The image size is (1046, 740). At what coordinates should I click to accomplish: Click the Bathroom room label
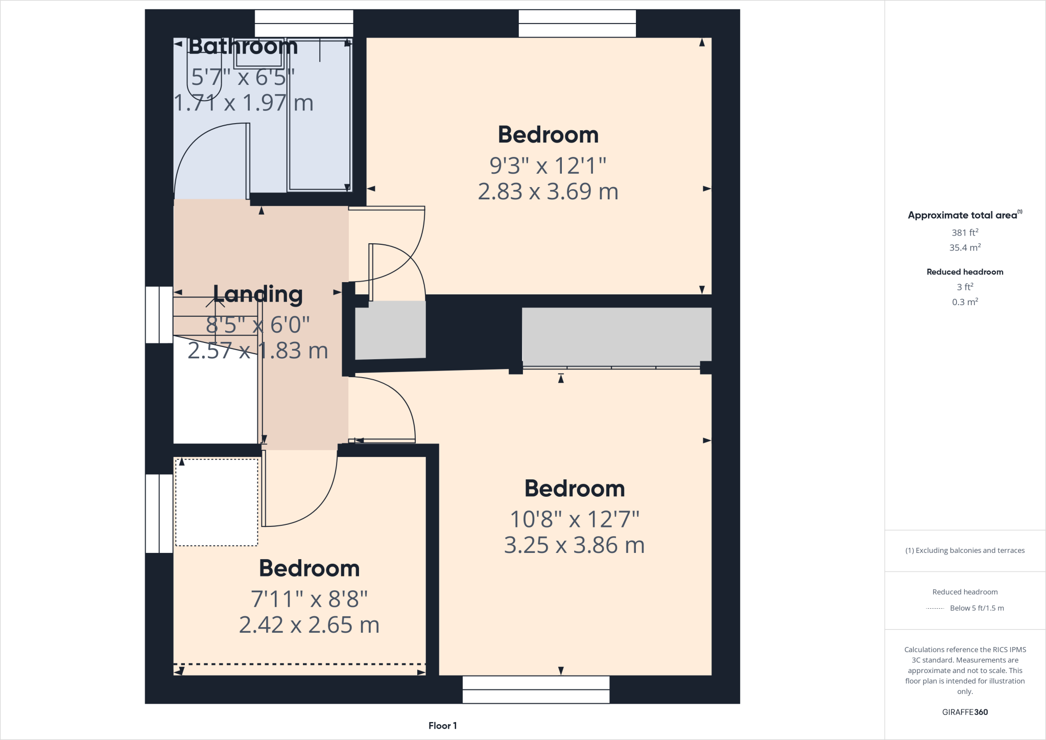(243, 47)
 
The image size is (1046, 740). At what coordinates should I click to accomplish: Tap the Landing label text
(257, 294)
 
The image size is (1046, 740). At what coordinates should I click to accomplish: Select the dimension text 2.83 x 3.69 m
(548, 192)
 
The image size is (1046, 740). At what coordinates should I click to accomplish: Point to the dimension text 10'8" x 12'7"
(575, 519)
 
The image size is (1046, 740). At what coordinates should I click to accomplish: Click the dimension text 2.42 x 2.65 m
(309, 625)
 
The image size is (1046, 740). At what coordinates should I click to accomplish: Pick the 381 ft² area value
(964, 233)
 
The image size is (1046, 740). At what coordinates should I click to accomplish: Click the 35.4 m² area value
(964, 248)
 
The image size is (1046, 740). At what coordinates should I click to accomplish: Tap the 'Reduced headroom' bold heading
(964, 272)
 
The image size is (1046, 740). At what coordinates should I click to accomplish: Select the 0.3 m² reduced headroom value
(964, 302)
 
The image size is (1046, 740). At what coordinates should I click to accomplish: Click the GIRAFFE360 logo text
(964, 712)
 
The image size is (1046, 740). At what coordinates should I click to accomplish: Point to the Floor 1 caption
(442, 726)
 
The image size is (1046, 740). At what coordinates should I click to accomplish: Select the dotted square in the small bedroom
(217, 502)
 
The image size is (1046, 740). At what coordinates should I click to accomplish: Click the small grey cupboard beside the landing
(390, 330)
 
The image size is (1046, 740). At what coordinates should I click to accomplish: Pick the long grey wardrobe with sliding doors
(616, 335)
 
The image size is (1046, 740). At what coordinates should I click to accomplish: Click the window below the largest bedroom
(536, 689)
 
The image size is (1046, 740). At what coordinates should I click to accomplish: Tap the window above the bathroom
(304, 23)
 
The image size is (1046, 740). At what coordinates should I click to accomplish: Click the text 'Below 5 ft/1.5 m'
(977, 608)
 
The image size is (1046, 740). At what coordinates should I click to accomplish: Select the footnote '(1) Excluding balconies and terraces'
(964, 550)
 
